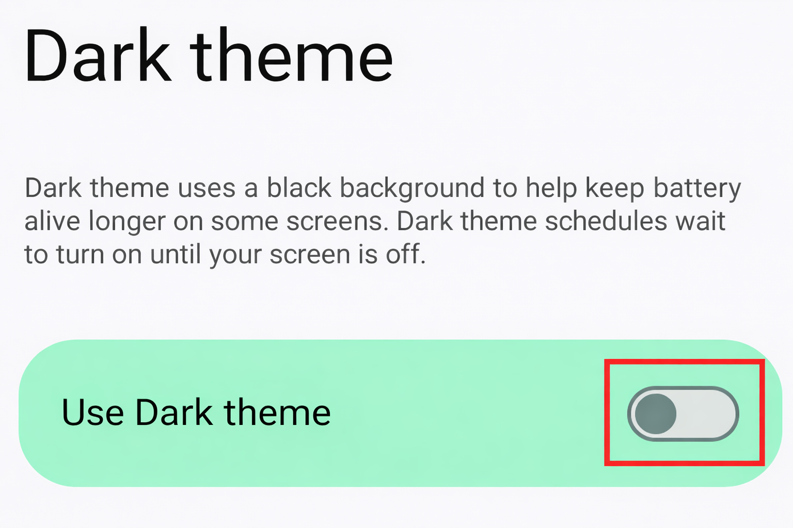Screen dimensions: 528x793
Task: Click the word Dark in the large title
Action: point(97,56)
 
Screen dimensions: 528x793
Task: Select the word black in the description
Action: point(299,188)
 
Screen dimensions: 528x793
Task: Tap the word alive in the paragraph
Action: point(52,221)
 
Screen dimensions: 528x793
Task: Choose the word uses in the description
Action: point(207,189)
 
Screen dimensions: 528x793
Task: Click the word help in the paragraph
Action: point(551,189)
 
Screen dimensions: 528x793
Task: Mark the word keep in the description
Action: point(614,189)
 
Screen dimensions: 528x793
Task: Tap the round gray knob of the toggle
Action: point(655,414)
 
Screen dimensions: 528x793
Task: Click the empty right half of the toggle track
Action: point(710,414)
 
